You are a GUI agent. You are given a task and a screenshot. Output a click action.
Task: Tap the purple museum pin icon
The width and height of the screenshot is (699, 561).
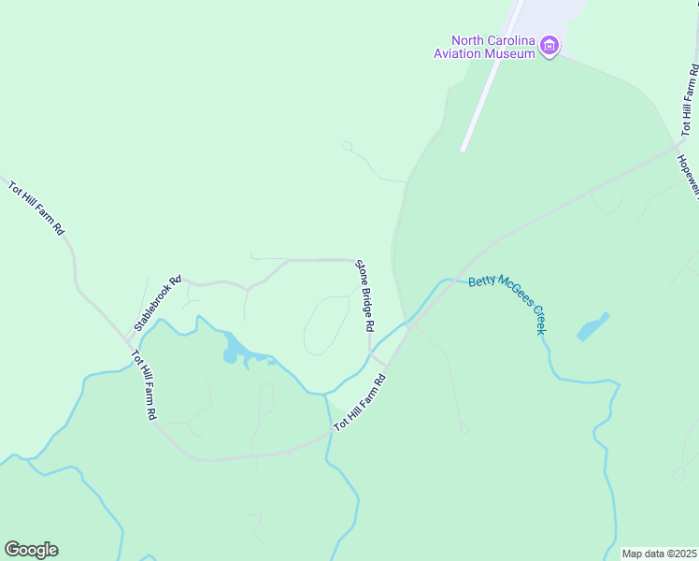(549, 46)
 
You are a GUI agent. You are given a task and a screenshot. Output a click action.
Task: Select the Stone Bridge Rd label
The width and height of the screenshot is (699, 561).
(364, 296)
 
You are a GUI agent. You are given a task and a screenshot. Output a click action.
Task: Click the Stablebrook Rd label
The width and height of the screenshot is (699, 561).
(157, 303)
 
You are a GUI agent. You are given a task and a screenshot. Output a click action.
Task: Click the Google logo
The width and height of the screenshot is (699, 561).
(31, 550)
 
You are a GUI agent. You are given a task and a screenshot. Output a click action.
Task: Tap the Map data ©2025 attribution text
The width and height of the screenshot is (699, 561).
(659, 554)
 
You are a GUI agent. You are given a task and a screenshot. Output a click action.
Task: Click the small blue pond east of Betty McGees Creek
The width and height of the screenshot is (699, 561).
(592, 327)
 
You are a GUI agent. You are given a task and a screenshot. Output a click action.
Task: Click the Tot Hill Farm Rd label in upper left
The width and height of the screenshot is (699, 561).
(36, 208)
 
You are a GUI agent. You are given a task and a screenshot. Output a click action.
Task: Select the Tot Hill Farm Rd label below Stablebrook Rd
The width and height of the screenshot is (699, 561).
(143, 384)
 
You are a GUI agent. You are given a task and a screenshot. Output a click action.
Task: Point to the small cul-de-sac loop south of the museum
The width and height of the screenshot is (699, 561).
(347, 146)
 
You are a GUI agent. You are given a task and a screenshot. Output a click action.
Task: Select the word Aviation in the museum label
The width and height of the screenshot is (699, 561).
(457, 53)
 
